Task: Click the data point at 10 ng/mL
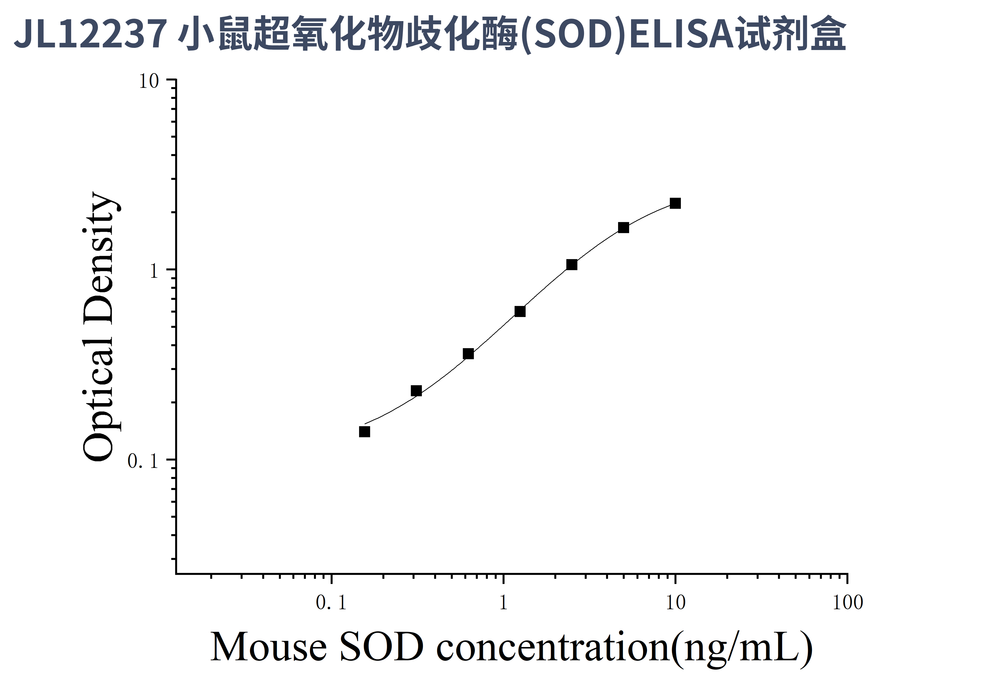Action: click(x=675, y=203)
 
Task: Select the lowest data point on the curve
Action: click(x=364, y=432)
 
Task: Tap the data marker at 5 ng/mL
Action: click(x=623, y=228)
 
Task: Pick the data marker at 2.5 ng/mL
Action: click(x=572, y=265)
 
